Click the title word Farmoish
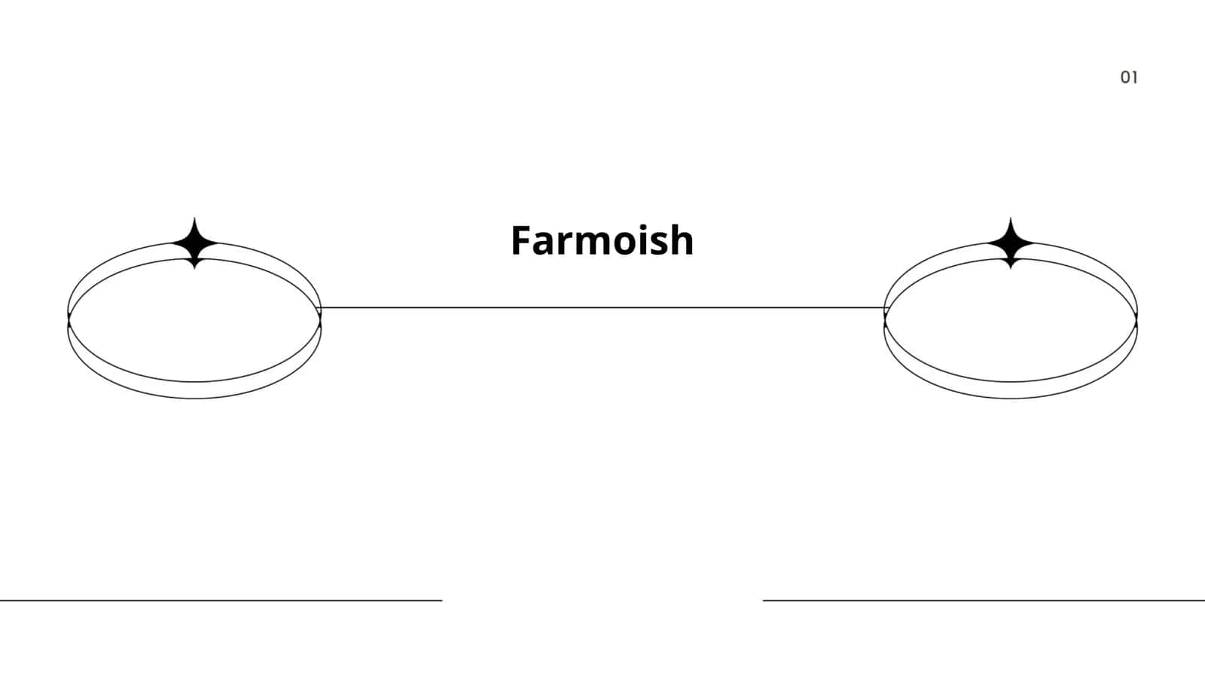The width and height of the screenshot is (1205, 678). tap(602, 240)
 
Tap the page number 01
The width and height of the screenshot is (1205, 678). tap(1129, 78)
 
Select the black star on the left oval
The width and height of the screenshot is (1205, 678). tap(195, 243)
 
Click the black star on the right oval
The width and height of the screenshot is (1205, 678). tap(1011, 243)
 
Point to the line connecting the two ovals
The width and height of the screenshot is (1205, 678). tap(602, 308)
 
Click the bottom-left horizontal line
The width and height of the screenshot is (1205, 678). tap(221, 600)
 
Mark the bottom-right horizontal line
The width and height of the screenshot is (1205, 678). tap(984, 600)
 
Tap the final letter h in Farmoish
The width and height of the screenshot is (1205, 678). tap(682, 240)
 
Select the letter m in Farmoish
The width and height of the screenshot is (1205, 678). tap(581, 244)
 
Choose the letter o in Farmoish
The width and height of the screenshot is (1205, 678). tap(615, 244)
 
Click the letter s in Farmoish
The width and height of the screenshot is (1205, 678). tap(656, 244)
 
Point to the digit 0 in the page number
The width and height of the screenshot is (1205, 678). tap(1125, 78)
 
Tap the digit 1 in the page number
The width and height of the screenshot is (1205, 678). tap(1135, 78)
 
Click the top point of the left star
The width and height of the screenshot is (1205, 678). tap(195, 218)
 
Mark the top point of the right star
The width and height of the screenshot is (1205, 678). tap(1011, 218)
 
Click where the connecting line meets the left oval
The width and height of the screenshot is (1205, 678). tap(321, 308)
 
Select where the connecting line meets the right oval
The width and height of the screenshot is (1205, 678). tap(885, 308)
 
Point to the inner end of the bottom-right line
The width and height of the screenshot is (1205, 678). tap(764, 600)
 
